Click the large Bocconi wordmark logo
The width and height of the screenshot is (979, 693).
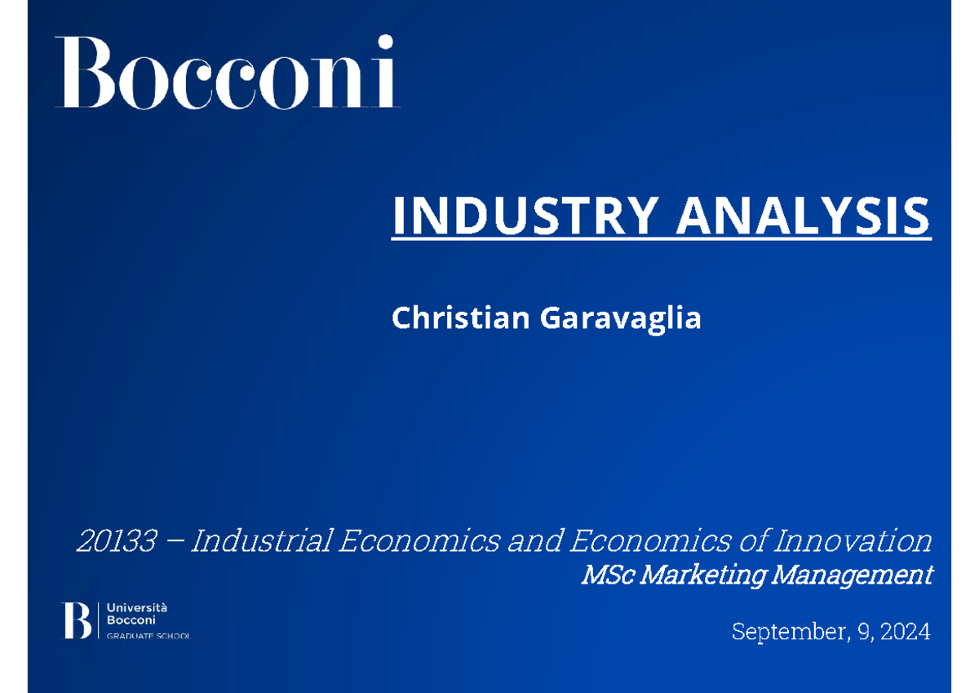point(227,73)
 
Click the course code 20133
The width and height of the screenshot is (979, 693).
point(115,540)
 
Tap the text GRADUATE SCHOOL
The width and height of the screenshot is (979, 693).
point(148,636)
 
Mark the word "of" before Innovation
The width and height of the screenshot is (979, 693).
point(751,540)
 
